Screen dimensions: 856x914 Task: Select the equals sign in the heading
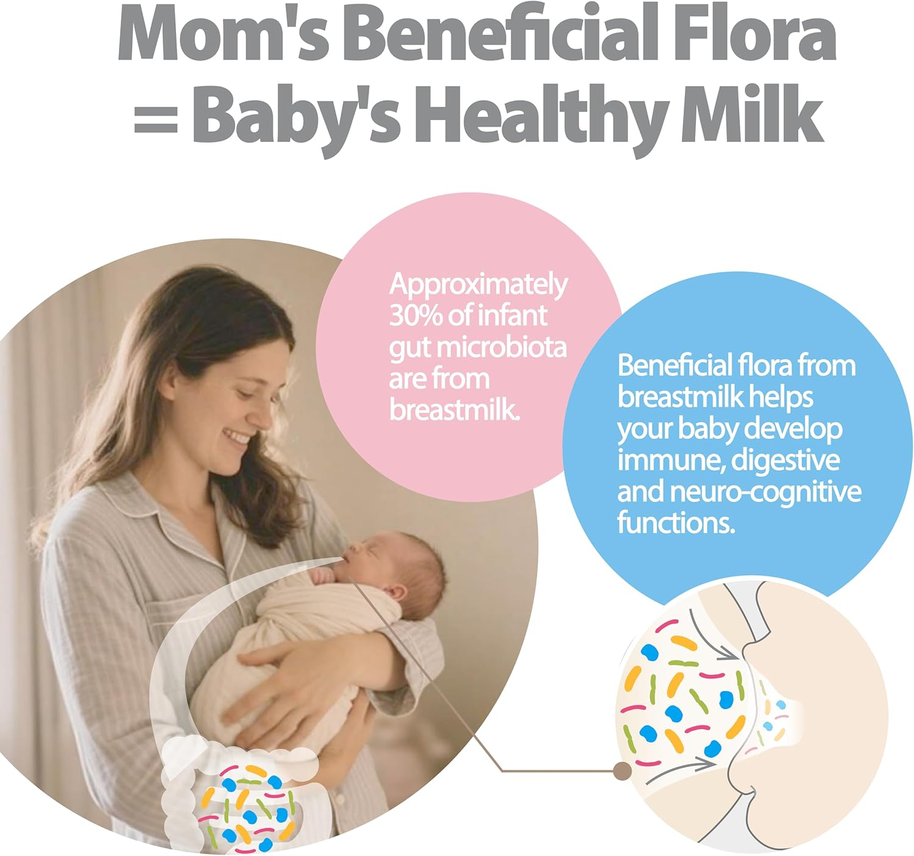click(x=156, y=118)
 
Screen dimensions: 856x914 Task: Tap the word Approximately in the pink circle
click(x=478, y=285)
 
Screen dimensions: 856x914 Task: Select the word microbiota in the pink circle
click(x=501, y=347)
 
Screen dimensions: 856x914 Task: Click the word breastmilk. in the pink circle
click(x=455, y=409)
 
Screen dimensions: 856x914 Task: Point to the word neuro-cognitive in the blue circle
click(x=765, y=492)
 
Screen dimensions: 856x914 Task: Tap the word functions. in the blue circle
click(x=676, y=523)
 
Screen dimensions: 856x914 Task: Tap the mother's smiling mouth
click(x=236, y=437)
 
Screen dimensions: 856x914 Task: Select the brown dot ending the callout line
click(x=622, y=771)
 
